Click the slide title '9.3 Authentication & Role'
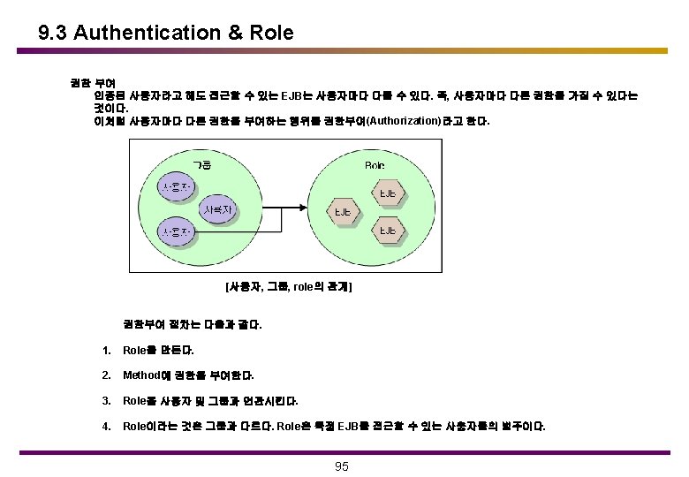click(x=166, y=33)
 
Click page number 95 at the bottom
click(x=344, y=466)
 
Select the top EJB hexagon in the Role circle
click(x=387, y=193)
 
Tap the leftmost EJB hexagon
click(x=343, y=212)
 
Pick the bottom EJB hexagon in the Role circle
click(x=387, y=231)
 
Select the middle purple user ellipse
click(x=217, y=210)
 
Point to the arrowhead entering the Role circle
click(x=305, y=209)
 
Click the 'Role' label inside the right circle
click(x=375, y=165)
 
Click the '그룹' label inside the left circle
click(x=201, y=164)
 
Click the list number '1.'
click(x=106, y=350)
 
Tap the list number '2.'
click(x=106, y=375)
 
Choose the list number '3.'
click(x=106, y=400)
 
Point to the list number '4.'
click(x=106, y=426)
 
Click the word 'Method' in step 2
click(x=141, y=375)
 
